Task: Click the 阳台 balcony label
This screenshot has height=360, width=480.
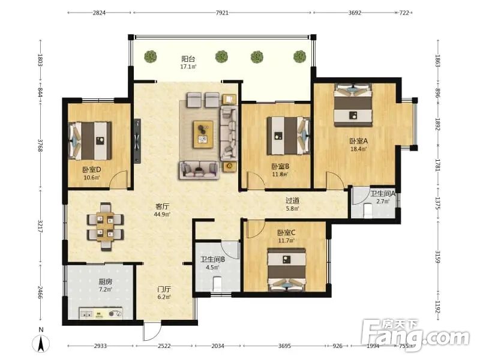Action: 188,59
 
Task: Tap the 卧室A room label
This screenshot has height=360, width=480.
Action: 358,141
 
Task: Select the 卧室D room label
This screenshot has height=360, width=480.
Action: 92,170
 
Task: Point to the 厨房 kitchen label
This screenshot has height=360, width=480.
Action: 106,281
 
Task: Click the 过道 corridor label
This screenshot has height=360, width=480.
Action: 292,201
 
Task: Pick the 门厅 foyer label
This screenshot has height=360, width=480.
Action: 164,289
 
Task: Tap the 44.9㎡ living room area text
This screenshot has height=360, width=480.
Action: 162,214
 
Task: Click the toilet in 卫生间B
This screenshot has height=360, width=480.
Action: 217,284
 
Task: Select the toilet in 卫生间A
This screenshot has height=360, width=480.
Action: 368,211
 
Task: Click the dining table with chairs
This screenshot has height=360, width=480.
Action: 106,227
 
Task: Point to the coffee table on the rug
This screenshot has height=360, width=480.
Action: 203,134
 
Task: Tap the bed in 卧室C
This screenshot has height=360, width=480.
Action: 287,269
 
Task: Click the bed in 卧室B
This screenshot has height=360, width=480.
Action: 289,136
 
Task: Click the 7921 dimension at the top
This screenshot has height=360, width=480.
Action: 222,13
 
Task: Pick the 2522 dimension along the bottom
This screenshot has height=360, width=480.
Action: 164,346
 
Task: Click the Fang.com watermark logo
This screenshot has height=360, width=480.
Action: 415,335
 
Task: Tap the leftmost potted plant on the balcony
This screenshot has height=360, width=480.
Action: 151,56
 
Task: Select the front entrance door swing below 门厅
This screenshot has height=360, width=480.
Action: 152,331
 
